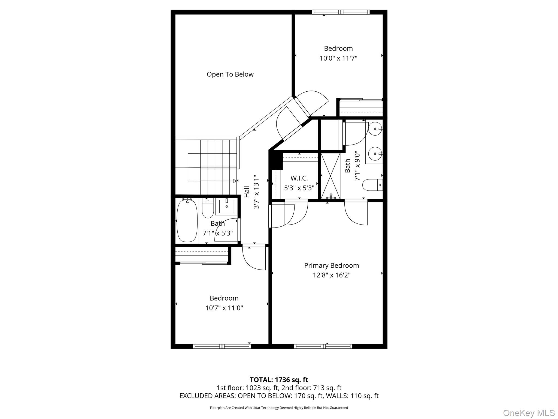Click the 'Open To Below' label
230,74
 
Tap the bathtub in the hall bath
187,221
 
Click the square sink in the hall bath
227,206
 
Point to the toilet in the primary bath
372,185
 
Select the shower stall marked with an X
330,176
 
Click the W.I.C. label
299,178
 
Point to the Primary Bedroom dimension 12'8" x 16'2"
332,275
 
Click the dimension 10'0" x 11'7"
338,58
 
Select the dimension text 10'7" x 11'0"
224,308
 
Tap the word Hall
247,192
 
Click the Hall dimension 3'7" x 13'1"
256,192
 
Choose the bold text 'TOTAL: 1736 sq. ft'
279,380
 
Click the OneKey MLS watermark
529,413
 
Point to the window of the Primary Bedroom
323,346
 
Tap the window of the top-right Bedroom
341,12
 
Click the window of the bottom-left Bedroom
222,346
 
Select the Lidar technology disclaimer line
279,408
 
